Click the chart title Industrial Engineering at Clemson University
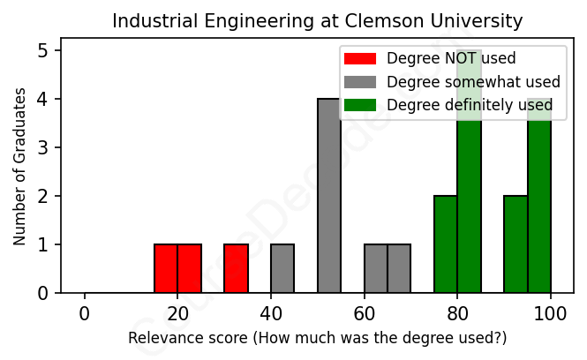pyautogui.click(x=317, y=20)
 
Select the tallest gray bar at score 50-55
pyautogui.click(x=329, y=196)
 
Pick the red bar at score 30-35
pyautogui.click(x=236, y=268)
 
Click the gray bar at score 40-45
pyautogui.click(x=282, y=268)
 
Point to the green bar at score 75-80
pyautogui.click(x=446, y=244)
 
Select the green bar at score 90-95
pyautogui.click(x=516, y=244)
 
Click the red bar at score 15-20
pyautogui.click(x=166, y=268)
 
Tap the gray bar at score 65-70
pyautogui.click(x=399, y=268)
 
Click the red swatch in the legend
pyautogui.click(x=360, y=58)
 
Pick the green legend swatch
pyautogui.click(x=360, y=105)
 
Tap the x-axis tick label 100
pyautogui.click(x=551, y=314)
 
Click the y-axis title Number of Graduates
pyautogui.click(x=19, y=165)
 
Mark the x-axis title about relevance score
pyautogui.click(x=317, y=338)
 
